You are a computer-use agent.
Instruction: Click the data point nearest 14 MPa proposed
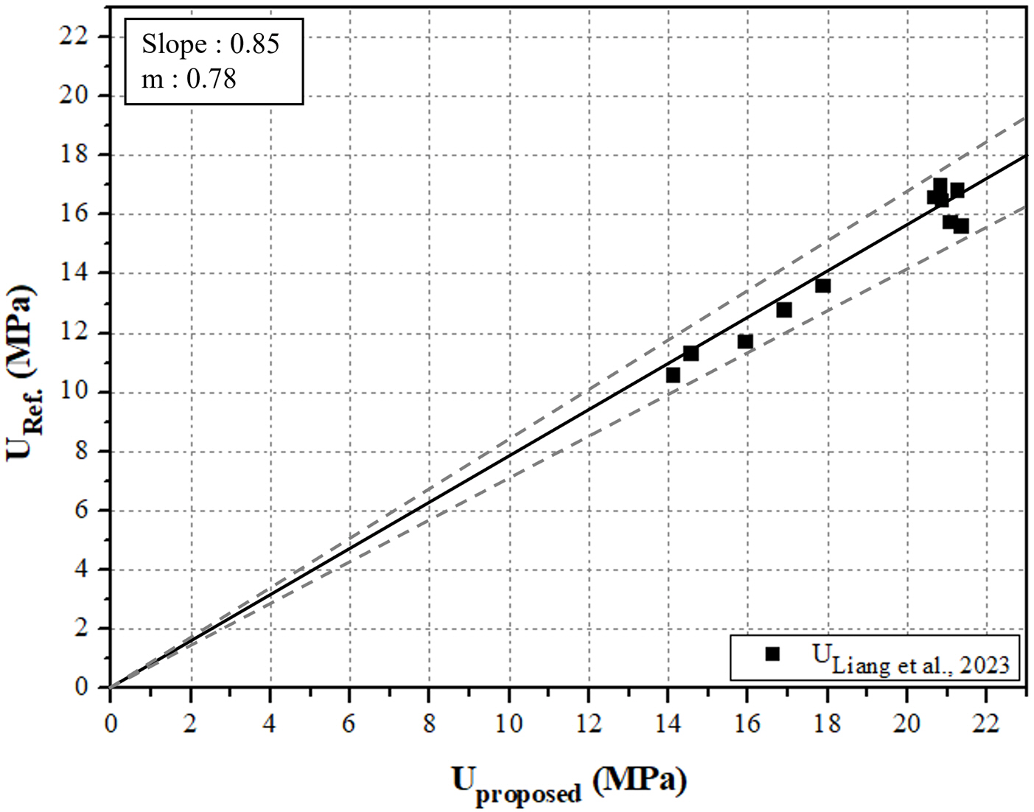[673, 375]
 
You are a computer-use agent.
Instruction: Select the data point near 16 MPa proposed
[745, 341]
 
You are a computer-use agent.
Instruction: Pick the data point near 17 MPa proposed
[784, 309]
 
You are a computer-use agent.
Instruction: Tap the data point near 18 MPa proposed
[822, 285]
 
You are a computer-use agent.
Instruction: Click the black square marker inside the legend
[772, 654]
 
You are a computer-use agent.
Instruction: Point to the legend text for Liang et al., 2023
[911, 659]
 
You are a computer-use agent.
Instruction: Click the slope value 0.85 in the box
[254, 44]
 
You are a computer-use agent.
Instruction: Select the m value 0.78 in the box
[211, 78]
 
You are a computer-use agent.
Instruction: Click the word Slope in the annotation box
[174, 44]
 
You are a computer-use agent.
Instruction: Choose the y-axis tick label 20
[74, 95]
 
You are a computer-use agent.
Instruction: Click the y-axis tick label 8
[81, 451]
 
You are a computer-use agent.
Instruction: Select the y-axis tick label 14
[74, 273]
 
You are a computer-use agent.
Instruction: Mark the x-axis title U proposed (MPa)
[569, 783]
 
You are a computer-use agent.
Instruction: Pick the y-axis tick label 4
[81, 570]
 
